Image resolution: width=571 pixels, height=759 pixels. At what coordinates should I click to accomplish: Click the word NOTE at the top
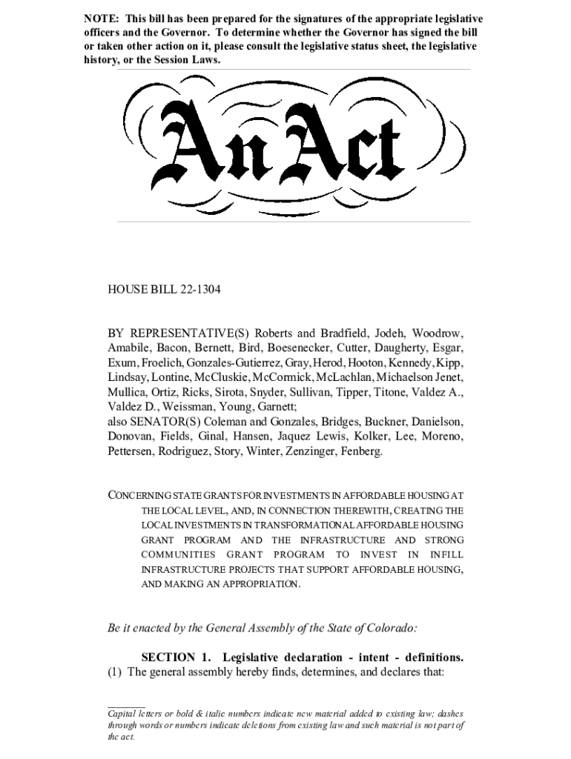point(100,19)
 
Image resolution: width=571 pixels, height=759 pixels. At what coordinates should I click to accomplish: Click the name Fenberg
point(361,451)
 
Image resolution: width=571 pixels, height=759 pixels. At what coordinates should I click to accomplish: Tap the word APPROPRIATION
point(257,584)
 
